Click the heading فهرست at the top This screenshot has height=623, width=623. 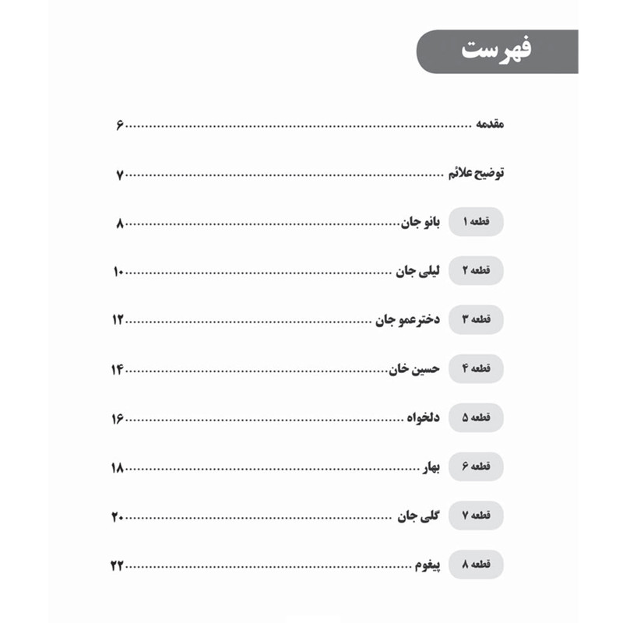pyautogui.click(x=495, y=51)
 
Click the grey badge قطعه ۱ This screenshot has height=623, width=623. pyautogui.click(x=476, y=223)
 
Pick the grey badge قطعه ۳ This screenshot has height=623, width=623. pyautogui.click(x=476, y=320)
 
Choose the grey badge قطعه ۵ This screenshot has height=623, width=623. pyautogui.click(x=476, y=418)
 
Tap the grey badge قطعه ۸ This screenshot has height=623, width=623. pyautogui.click(x=476, y=565)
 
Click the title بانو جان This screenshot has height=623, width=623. pyautogui.click(x=421, y=223)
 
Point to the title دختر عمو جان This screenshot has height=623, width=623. pyautogui.click(x=407, y=320)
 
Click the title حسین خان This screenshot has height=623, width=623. pyautogui.click(x=415, y=369)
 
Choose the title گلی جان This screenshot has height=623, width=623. pyautogui.click(x=420, y=516)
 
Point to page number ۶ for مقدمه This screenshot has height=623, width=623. pyautogui.click(x=121, y=125)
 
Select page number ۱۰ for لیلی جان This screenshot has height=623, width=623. pyautogui.click(x=118, y=272)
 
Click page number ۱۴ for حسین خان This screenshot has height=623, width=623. pyautogui.click(x=118, y=369)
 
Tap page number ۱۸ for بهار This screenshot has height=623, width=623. pyautogui.click(x=118, y=467)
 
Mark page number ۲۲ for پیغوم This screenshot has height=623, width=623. pyautogui.click(x=118, y=565)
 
